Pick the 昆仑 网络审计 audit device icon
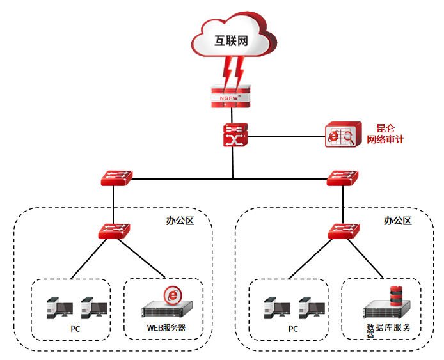pyautogui.click(x=340, y=136)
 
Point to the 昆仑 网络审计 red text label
pyautogui.click(x=385, y=134)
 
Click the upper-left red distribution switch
pyautogui.click(x=116, y=178)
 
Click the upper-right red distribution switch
pyautogui.click(x=343, y=178)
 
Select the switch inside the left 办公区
pyautogui.click(x=114, y=231)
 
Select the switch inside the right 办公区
pyautogui.click(x=343, y=231)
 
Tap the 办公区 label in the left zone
pyautogui.click(x=180, y=221)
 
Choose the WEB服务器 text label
pyautogui.click(x=166, y=329)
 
